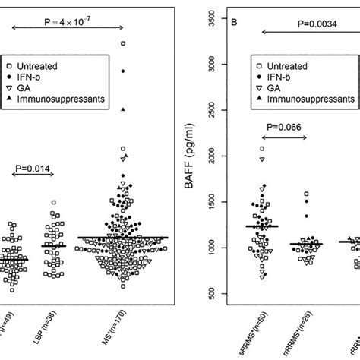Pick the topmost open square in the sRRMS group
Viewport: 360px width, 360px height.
tap(262, 149)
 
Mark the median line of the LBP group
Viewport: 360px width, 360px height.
tap(54, 245)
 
